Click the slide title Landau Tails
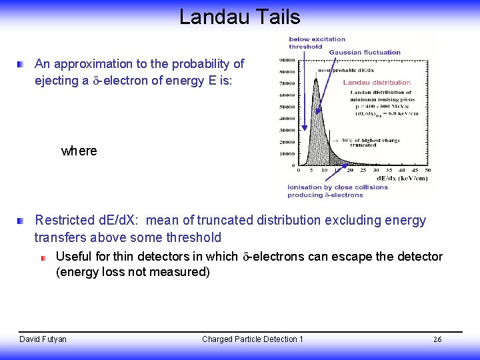click(240, 17)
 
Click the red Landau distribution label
click(377, 82)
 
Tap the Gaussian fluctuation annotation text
click(365, 52)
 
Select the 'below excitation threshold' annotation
click(317, 43)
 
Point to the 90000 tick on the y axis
click(288, 59)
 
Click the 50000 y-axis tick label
click(288, 107)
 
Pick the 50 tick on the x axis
click(427, 170)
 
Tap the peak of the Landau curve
click(315, 79)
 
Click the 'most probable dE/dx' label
click(345, 70)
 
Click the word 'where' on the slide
click(79, 151)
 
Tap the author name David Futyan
click(43, 339)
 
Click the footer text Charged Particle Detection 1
click(253, 339)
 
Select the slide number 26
click(437, 340)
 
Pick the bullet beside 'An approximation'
click(22, 65)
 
